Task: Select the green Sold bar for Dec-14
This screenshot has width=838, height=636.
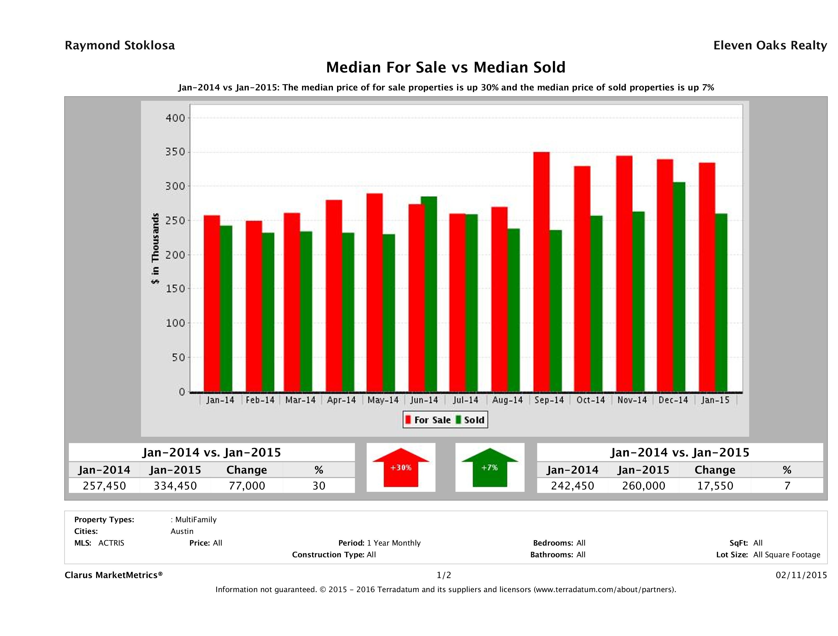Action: pyautogui.click(x=679, y=287)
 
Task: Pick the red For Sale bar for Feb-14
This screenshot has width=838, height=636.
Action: pyautogui.click(x=253, y=306)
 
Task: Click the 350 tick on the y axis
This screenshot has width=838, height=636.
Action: pyautogui.click(x=175, y=152)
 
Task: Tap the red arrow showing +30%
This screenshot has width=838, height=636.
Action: pyautogui.click(x=401, y=467)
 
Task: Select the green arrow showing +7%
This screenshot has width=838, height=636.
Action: pyautogui.click(x=490, y=467)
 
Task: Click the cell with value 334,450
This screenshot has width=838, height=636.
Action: pyautogui.click(x=175, y=486)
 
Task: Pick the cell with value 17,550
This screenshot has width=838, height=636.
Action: pyautogui.click(x=715, y=486)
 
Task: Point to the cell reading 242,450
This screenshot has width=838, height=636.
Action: pyautogui.click(x=572, y=486)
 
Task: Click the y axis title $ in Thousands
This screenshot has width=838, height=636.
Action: pyautogui.click(x=155, y=248)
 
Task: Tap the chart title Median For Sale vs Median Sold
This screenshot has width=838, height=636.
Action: pyautogui.click(x=446, y=68)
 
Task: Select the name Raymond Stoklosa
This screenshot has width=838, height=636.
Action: pyautogui.click(x=120, y=45)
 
